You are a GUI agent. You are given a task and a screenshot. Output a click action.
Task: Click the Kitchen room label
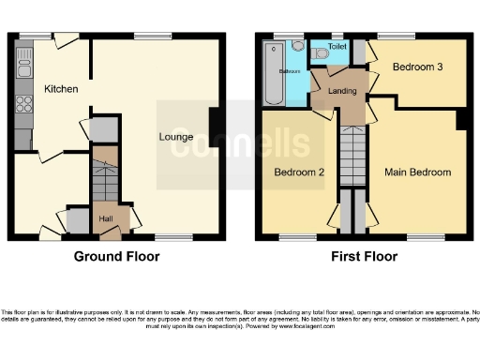[x=60, y=89]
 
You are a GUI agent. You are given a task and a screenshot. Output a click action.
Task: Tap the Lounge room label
[x=176, y=137]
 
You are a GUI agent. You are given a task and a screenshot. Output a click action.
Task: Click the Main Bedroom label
[x=417, y=172]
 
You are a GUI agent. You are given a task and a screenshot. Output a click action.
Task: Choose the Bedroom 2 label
[x=298, y=172]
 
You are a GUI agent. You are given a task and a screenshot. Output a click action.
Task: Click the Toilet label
[x=337, y=45]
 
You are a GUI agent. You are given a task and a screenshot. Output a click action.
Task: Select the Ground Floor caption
[x=116, y=257]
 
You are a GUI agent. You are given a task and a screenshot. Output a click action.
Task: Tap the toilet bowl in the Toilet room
[x=322, y=53]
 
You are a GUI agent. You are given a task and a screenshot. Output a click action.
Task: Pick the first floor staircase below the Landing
[x=351, y=156]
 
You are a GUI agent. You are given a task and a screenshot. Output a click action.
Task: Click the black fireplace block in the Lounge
[x=216, y=123]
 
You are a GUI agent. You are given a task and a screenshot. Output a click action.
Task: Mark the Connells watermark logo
[x=240, y=144]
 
